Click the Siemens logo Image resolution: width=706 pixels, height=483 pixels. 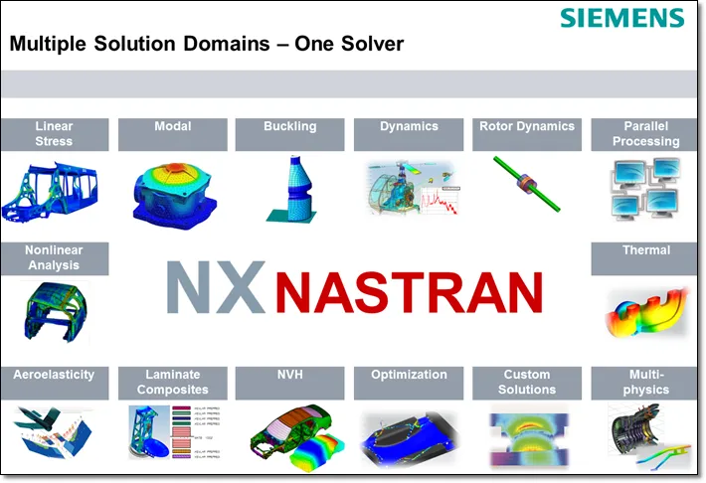pyautogui.click(x=621, y=18)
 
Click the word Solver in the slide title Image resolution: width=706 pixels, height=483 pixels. pyautogui.click(x=368, y=44)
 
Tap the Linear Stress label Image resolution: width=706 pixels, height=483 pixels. pyautogui.click(x=54, y=134)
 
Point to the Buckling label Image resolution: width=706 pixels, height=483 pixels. pyautogui.click(x=289, y=127)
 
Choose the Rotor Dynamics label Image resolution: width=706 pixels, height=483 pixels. pyautogui.click(x=526, y=127)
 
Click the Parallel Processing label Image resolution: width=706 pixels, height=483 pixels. pyautogui.click(x=645, y=134)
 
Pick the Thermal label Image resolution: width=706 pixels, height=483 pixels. pyautogui.click(x=645, y=251)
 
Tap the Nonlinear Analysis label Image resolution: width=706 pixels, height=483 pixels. pyautogui.click(x=54, y=258)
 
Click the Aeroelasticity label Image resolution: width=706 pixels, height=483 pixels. pyautogui.click(x=54, y=376)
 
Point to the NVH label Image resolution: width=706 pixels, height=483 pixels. pyautogui.click(x=289, y=376)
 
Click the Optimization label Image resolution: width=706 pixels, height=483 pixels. pyautogui.click(x=409, y=376)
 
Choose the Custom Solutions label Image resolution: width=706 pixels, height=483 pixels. pyautogui.click(x=526, y=383)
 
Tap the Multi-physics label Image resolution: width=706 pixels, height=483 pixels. pyautogui.click(x=645, y=383)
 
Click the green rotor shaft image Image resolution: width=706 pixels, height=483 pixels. pyautogui.click(x=527, y=185)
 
